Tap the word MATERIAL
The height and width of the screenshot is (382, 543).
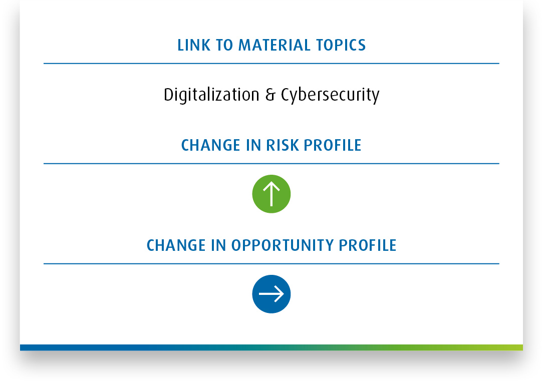[x=275, y=46]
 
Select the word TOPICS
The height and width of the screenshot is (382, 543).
[x=341, y=46]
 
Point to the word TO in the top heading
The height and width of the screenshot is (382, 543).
[x=224, y=46]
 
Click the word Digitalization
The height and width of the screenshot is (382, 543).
[x=211, y=95]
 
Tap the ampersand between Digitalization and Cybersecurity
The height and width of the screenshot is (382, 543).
[x=270, y=95]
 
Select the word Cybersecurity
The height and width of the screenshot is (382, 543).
[x=330, y=95]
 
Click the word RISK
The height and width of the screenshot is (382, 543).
[x=282, y=145]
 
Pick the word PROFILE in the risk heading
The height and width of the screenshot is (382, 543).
[x=333, y=145]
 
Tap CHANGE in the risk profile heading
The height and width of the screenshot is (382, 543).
[x=210, y=145]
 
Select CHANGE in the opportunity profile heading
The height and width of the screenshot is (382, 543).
[x=176, y=245]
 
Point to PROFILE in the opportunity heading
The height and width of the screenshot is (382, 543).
[x=367, y=245]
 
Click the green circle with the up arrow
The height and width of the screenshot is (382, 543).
[x=271, y=194]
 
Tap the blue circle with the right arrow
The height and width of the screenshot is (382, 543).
[x=271, y=294]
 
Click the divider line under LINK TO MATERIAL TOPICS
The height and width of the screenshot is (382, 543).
[x=271, y=63]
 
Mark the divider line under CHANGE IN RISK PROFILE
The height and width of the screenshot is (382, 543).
[x=271, y=163]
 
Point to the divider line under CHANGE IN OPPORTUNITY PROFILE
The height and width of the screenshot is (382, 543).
[x=271, y=264]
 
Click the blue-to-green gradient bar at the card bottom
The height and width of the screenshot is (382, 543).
[x=271, y=347]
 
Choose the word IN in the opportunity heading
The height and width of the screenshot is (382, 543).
[x=218, y=245]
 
